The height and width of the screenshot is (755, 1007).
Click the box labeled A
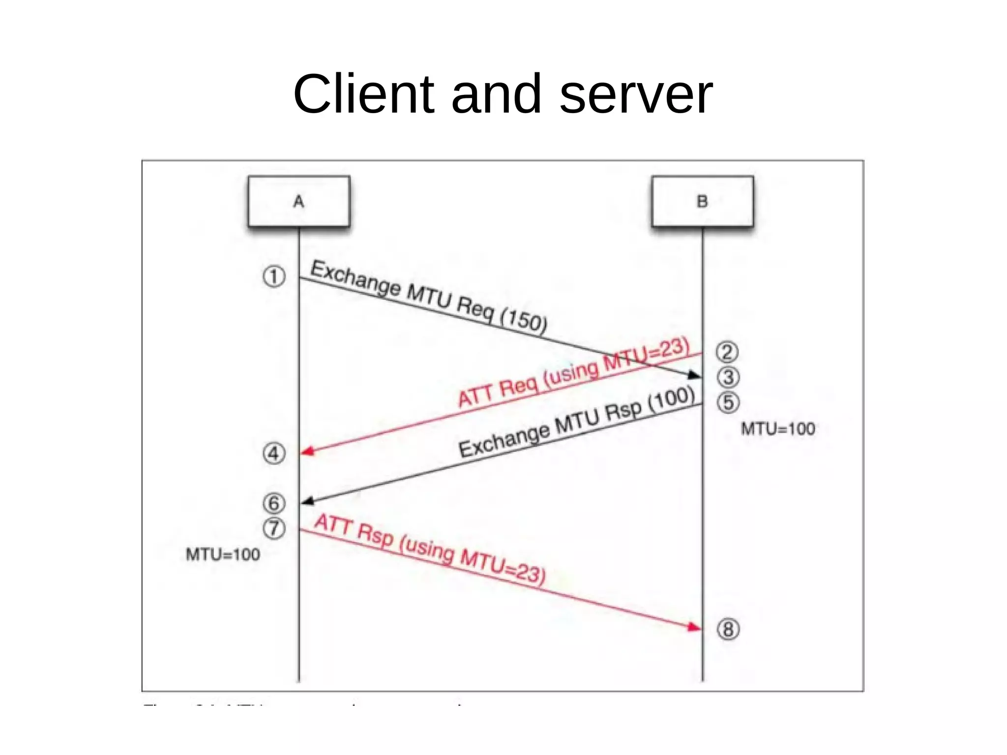pyautogui.click(x=299, y=202)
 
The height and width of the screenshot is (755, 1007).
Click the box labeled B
pyautogui.click(x=702, y=202)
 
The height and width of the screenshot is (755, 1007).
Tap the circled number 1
pyautogui.click(x=274, y=276)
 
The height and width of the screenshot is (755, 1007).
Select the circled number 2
pyautogui.click(x=727, y=352)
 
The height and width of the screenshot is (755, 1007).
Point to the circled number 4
pyautogui.click(x=274, y=453)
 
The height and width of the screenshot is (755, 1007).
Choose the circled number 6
pyautogui.click(x=274, y=503)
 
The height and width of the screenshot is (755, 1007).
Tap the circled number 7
pyautogui.click(x=274, y=528)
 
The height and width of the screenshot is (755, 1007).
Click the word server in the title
pyautogui.click(x=636, y=94)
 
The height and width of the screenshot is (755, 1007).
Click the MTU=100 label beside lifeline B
pyautogui.click(x=778, y=429)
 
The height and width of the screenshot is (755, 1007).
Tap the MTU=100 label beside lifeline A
pyautogui.click(x=223, y=555)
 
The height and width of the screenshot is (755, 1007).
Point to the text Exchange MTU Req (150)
pyautogui.click(x=429, y=297)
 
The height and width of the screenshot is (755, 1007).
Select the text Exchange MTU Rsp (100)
pyautogui.click(x=577, y=423)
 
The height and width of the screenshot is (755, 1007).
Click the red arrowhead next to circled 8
pyautogui.click(x=694, y=627)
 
